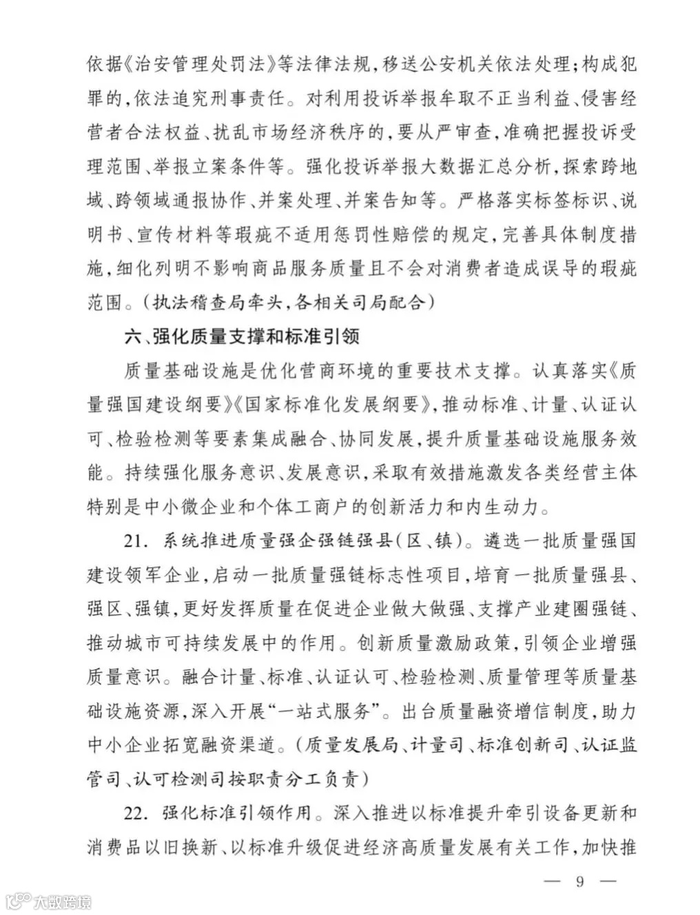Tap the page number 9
pyautogui.click(x=579, y=881)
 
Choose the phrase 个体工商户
pyautogui.click(x=300, y=507)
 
